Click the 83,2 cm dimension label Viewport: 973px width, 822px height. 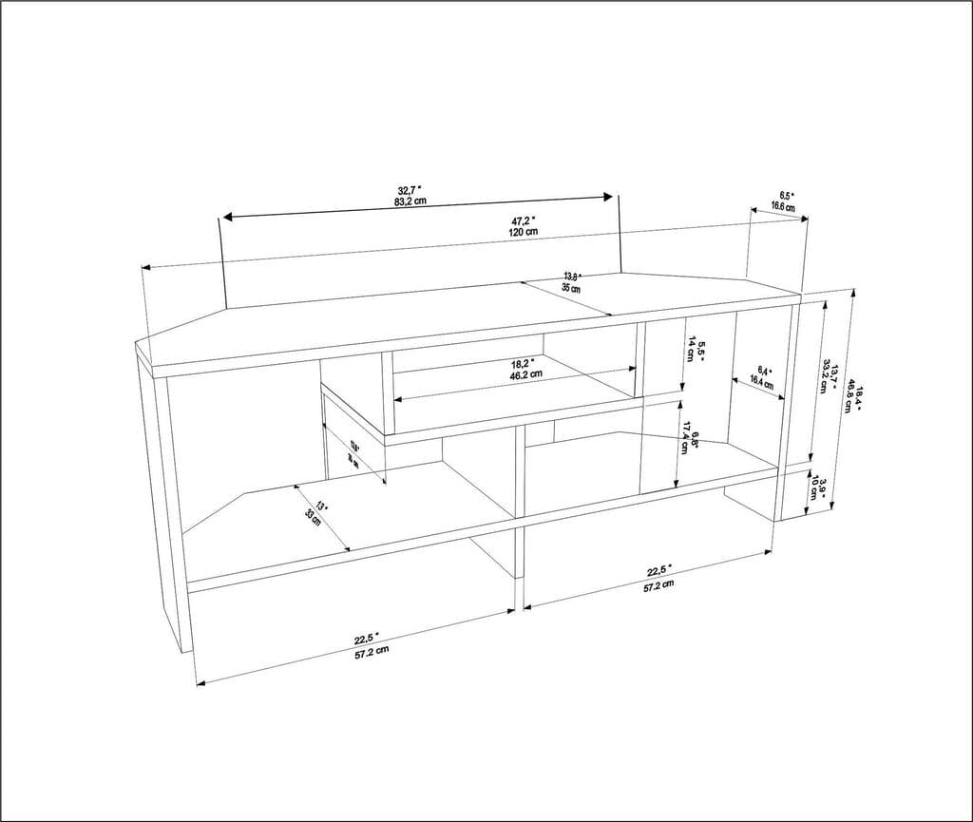click(x=411, y=201)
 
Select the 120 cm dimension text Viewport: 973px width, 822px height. click(x=525, y=232)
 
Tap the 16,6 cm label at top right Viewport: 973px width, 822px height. click(x=783, y=206)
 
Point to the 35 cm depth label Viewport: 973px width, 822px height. click(x=571, y=288)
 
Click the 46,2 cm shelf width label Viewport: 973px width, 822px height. click(x=525, y=374)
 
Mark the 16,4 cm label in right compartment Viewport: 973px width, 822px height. click(x=762, y=382)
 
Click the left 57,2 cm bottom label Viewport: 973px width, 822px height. click(x=372, y=652)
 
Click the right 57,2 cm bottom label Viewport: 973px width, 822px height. click(x=658, y=584)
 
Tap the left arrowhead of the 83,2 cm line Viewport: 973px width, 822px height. click(x=225, y=218)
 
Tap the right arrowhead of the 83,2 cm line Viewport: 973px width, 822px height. click(x=611, y=197)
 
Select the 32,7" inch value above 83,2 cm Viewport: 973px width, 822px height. click(x=410, y=190)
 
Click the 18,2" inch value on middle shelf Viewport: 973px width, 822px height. click(x=523, y=363)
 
